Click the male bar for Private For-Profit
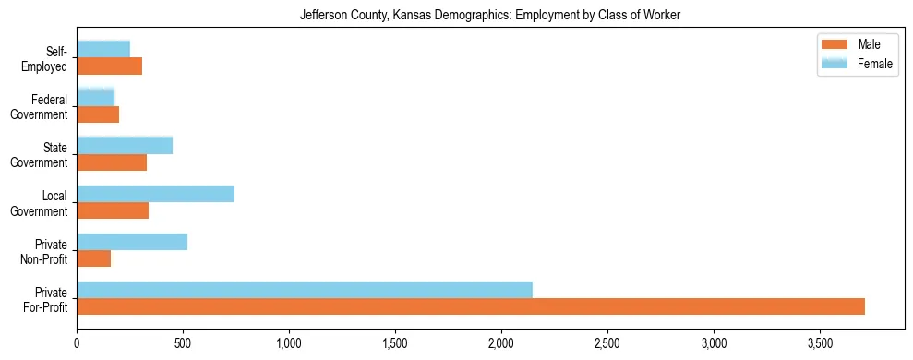(x=471, y=306)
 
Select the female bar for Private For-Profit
(x=305, y=290)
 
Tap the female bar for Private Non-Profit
(x=132, y=242)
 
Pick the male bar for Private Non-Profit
(x=94, y=258)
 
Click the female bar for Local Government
(x=155, y=194)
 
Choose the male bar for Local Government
(x=113, y=210)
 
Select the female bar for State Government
(x=125, y=145)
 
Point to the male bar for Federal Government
(x=98, y=114)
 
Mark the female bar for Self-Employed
(x=103, y=49)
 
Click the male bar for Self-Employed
(x=109, y=66)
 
